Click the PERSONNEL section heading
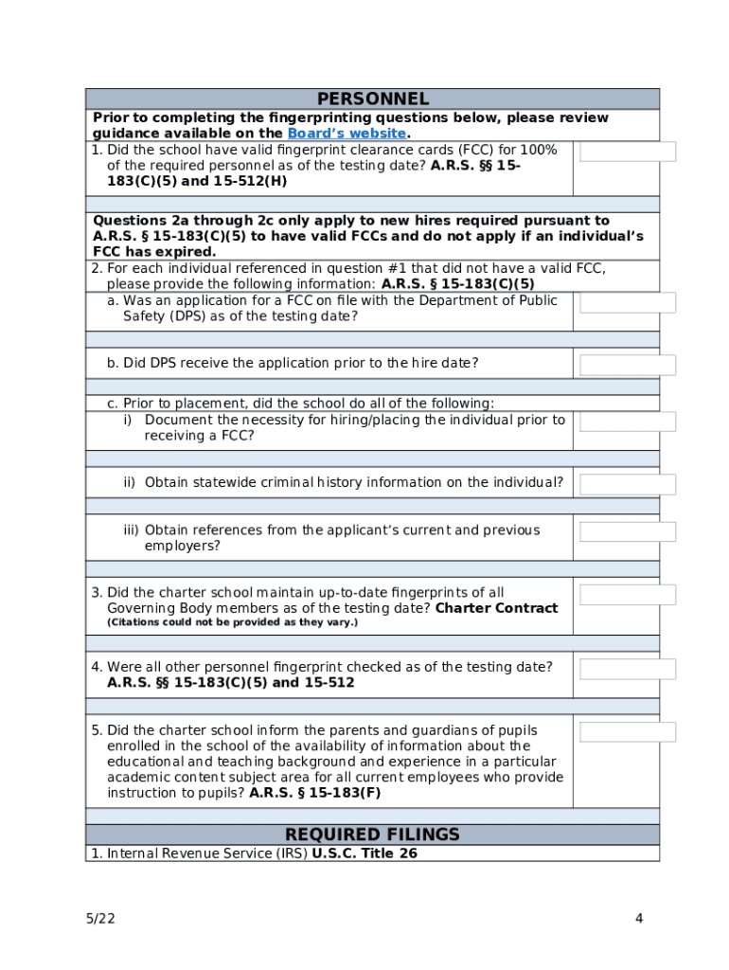point(372,99)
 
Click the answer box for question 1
point(628,152)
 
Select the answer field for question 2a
point(628,302)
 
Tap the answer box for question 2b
point(628,365)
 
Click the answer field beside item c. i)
point(628,422)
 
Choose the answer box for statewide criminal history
point(628,484)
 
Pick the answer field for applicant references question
point(628,531)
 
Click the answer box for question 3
point(628,595)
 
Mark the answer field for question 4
point(628,669)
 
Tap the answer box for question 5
point(628,731)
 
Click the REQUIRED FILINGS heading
point(372,835)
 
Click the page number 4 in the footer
point(639,918)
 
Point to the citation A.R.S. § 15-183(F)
point(314,793)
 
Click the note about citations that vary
point(232,622)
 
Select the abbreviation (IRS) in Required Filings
point(291,853)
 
